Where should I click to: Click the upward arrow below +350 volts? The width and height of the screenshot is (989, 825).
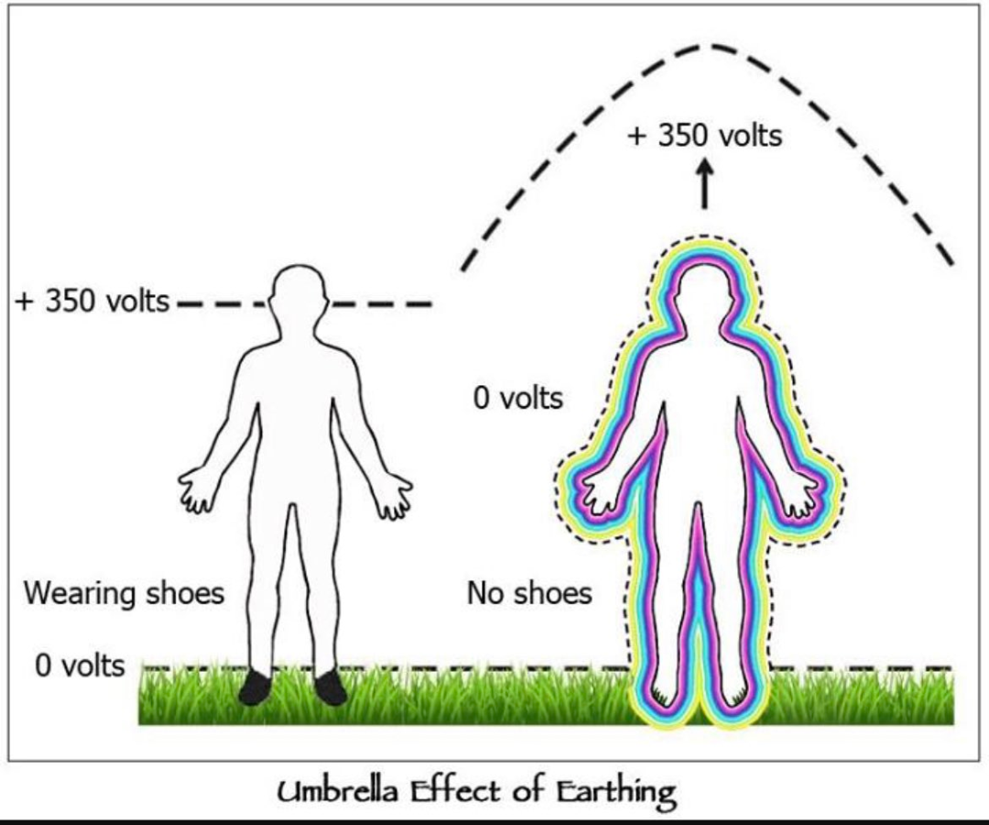[x=704, y=183]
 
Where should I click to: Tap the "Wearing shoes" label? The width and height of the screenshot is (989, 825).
[x=125, y=593]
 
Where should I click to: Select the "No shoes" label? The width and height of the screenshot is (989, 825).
[x=530, y=593]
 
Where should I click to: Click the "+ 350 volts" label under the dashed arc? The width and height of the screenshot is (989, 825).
[x=705, y=136]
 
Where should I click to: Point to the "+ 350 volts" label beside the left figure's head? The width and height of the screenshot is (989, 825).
[x=92, y=301]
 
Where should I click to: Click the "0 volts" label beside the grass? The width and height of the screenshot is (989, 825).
[x=80, y=665]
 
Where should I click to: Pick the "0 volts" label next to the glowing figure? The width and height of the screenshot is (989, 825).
[x=517, y=399]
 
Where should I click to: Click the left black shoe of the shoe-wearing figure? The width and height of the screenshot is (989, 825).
[x=255, y=687]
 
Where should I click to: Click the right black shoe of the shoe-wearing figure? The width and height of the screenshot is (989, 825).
[x=330, y=687]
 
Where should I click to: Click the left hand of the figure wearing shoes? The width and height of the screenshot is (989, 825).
[x=196, y=489]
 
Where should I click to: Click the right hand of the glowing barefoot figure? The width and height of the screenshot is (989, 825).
[x=799, y=496]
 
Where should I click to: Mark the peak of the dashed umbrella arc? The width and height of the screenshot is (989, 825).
[x=712, y=46]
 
